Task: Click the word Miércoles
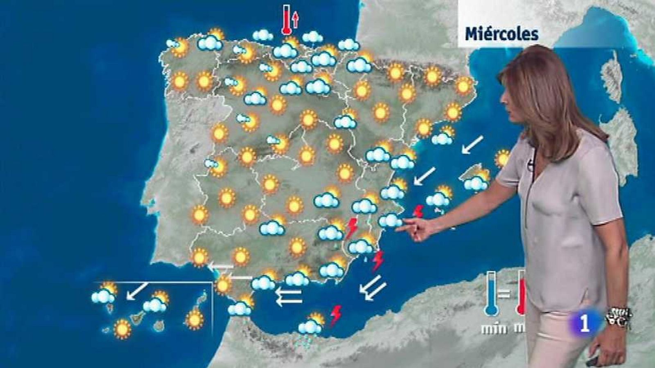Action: tap(501, 34)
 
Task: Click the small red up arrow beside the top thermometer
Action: tap(296, 19)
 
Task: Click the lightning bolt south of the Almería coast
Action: tap(336, 315)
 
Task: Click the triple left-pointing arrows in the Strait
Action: tap(288, 296)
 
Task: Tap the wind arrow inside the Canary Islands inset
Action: tap(137, 291)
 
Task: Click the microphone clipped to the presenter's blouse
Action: tap(531, 165)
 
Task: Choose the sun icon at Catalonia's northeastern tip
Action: tap(464, 85)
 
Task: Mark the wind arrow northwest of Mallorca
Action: tap(472, 145)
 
